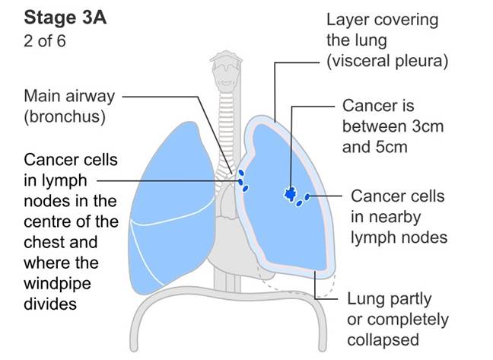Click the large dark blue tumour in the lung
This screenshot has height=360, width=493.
coord(289,194)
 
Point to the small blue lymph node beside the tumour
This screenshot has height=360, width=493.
coord(307,198)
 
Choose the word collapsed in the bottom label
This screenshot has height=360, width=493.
coord(383,339)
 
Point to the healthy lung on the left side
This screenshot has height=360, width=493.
coord(171,205)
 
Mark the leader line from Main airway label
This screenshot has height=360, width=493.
coord(175,97)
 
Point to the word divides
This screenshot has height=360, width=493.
coord(51,303)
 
